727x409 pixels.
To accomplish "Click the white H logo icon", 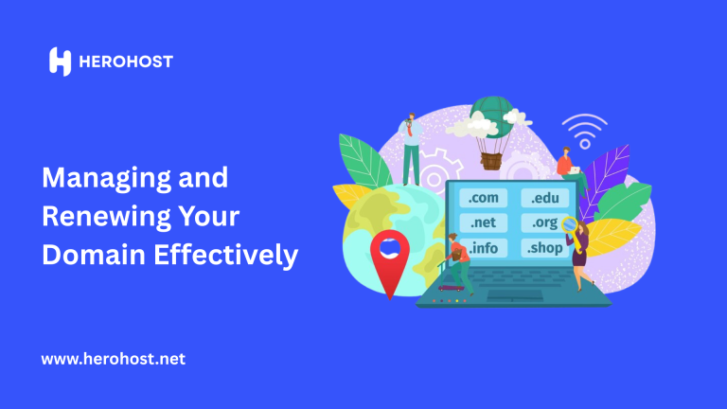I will (x=60, y=62).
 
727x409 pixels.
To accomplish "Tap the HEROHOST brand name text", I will (x=126, y=62).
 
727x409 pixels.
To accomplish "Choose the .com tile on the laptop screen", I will (x=483, y=198).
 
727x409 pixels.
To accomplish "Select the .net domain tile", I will (x=483, y=222).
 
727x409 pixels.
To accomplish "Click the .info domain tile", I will (x=483, y=248).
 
